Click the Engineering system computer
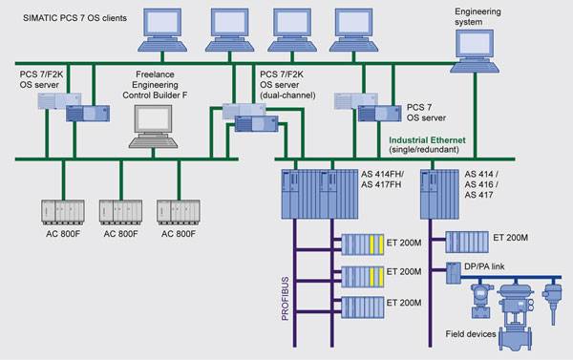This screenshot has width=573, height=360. [475, 52]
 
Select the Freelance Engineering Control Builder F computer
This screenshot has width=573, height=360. [153, 126]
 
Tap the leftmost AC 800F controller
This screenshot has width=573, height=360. [63, 212]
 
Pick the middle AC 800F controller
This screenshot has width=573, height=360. [120, 212]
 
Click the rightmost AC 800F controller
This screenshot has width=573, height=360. [179, 212]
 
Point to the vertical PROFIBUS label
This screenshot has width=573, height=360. [285, 299]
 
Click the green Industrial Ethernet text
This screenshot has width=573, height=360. [427, 140]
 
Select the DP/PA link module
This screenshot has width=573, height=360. [454, 273]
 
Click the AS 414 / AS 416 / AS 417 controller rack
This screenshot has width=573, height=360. [439, 194]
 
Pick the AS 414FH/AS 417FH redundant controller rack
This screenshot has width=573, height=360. [320, 194]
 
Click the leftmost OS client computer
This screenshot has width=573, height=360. [162, 30]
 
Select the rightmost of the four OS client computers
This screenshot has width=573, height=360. [353, 30]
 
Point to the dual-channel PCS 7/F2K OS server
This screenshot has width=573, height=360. [250, 117]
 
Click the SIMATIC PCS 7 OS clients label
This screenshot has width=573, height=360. [74, 18]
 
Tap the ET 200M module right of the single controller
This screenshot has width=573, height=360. [467, 242]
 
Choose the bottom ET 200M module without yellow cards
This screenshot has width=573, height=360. [363, 307]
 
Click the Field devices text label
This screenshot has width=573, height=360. [471, 334]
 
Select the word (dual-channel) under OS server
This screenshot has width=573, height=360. [287, 95]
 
